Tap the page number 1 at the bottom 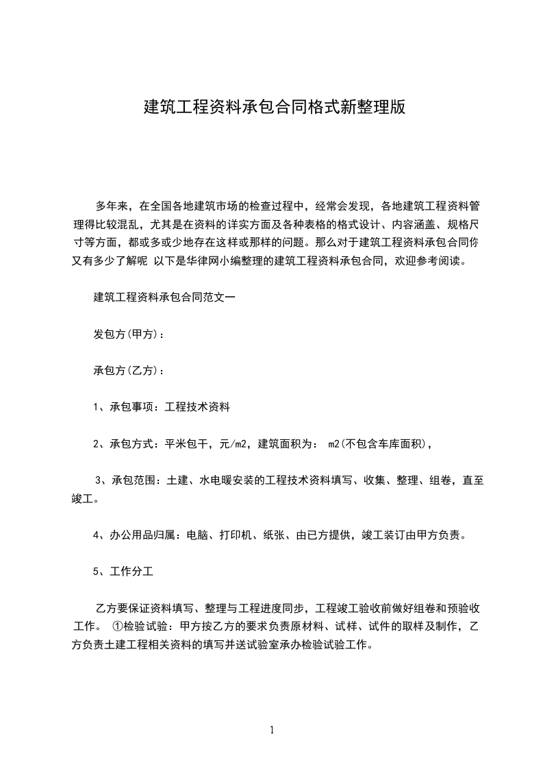coord(272,730)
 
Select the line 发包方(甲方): coord(129,334)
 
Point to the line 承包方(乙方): coord(129,371)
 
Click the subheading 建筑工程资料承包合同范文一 coord(164,298)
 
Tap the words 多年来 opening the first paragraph coord(109,206)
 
